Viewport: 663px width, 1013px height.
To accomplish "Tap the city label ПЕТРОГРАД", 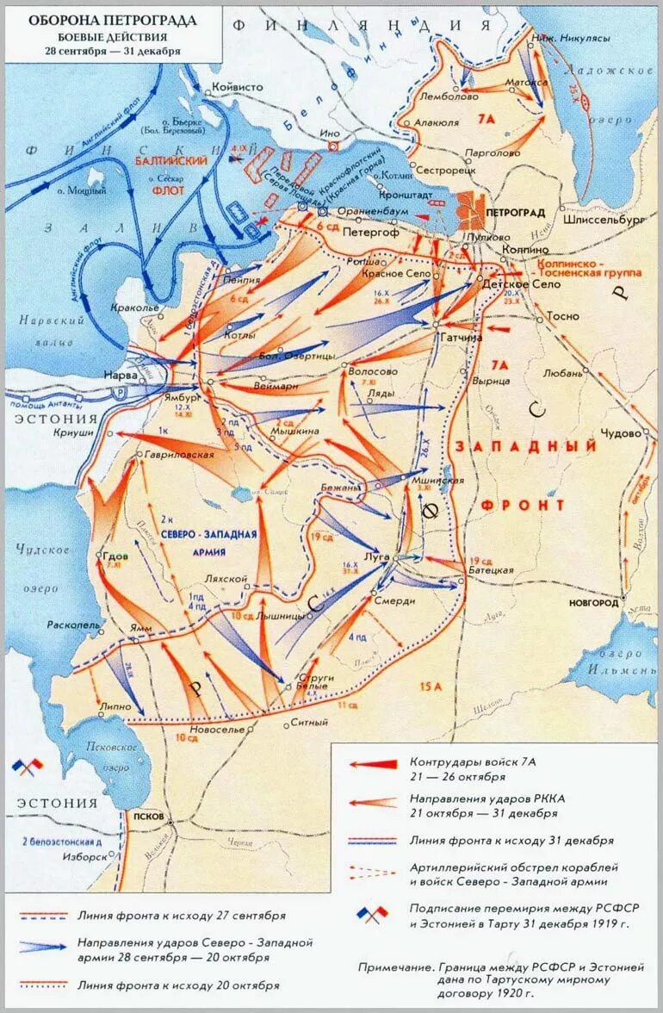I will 515,212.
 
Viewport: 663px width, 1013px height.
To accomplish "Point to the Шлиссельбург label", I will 603,221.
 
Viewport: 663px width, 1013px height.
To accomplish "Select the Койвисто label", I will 237,87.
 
